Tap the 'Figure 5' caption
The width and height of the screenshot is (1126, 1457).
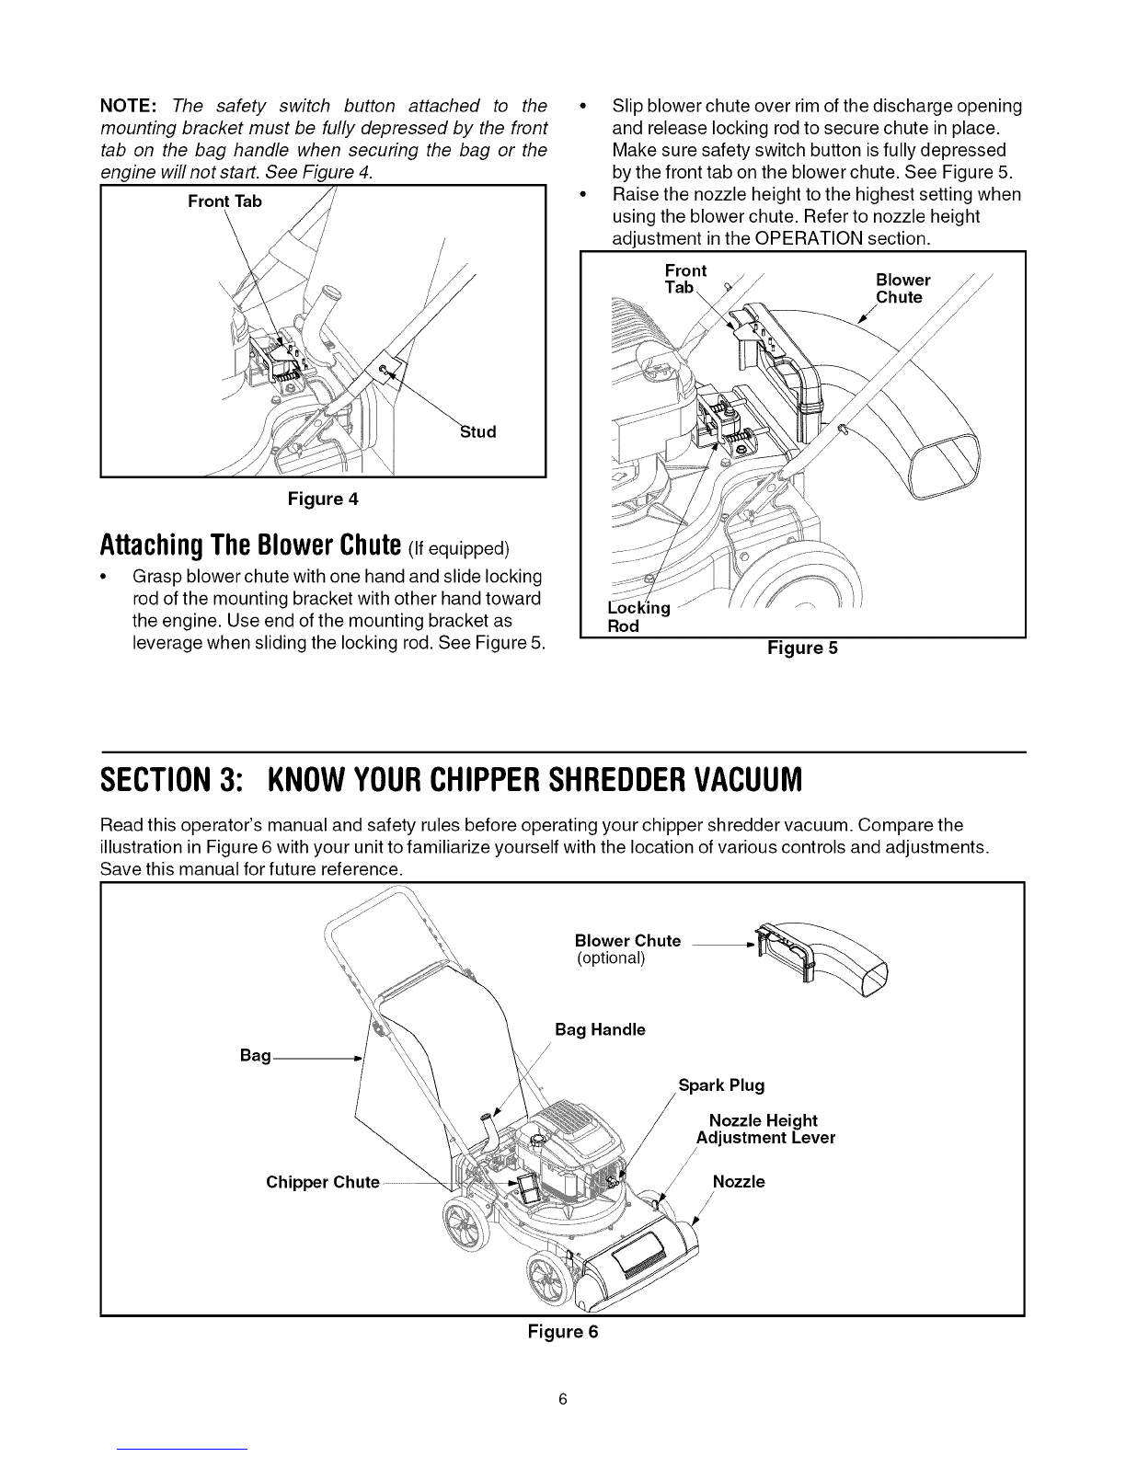[803, 648]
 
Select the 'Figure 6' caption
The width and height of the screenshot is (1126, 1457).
[562, 1331]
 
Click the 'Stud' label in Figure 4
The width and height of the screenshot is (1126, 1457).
[477, 431]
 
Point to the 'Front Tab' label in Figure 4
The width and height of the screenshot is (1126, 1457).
[224, 201]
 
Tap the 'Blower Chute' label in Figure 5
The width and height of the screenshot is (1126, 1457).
[902, 288]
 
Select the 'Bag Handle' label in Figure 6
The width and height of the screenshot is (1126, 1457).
[600, 1029]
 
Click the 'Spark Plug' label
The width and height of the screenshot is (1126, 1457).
[721, 1085]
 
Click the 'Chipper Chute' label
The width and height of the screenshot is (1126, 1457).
[322, 1182]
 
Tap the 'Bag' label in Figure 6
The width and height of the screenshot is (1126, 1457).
[255, 1055]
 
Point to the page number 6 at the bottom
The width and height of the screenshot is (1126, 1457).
[562, 1400]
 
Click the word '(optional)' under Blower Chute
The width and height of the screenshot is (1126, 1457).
[611, 958]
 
